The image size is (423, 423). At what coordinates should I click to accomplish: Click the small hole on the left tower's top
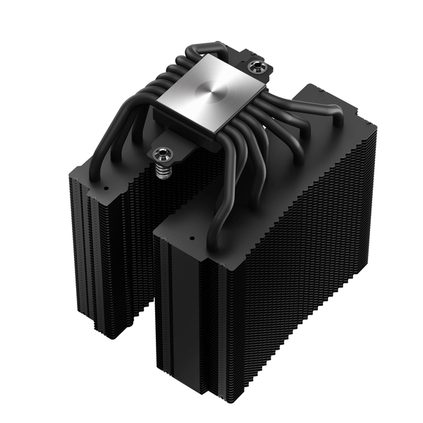[105, 190]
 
